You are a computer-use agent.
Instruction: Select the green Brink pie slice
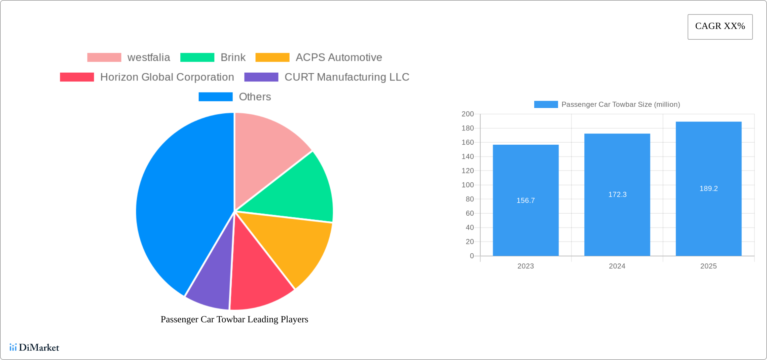[296, 192]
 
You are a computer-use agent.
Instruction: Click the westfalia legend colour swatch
[104, 58]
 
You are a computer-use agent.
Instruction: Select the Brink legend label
[233, 58]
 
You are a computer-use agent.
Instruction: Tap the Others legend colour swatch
[215, 97]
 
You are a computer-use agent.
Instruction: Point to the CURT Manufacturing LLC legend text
[346, 77]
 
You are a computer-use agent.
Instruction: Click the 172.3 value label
[617, 194]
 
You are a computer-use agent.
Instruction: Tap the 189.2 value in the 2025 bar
[708, 189]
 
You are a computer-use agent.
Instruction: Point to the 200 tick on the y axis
[468, 114]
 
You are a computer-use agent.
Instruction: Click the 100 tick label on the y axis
[468, 185]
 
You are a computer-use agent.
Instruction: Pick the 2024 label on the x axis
[617, 266]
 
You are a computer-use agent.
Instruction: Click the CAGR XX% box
[720, 27]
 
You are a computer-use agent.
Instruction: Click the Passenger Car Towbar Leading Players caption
[234, 319]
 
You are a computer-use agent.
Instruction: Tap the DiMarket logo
[34, 347]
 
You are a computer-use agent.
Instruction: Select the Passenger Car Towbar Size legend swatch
[546, 105]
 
